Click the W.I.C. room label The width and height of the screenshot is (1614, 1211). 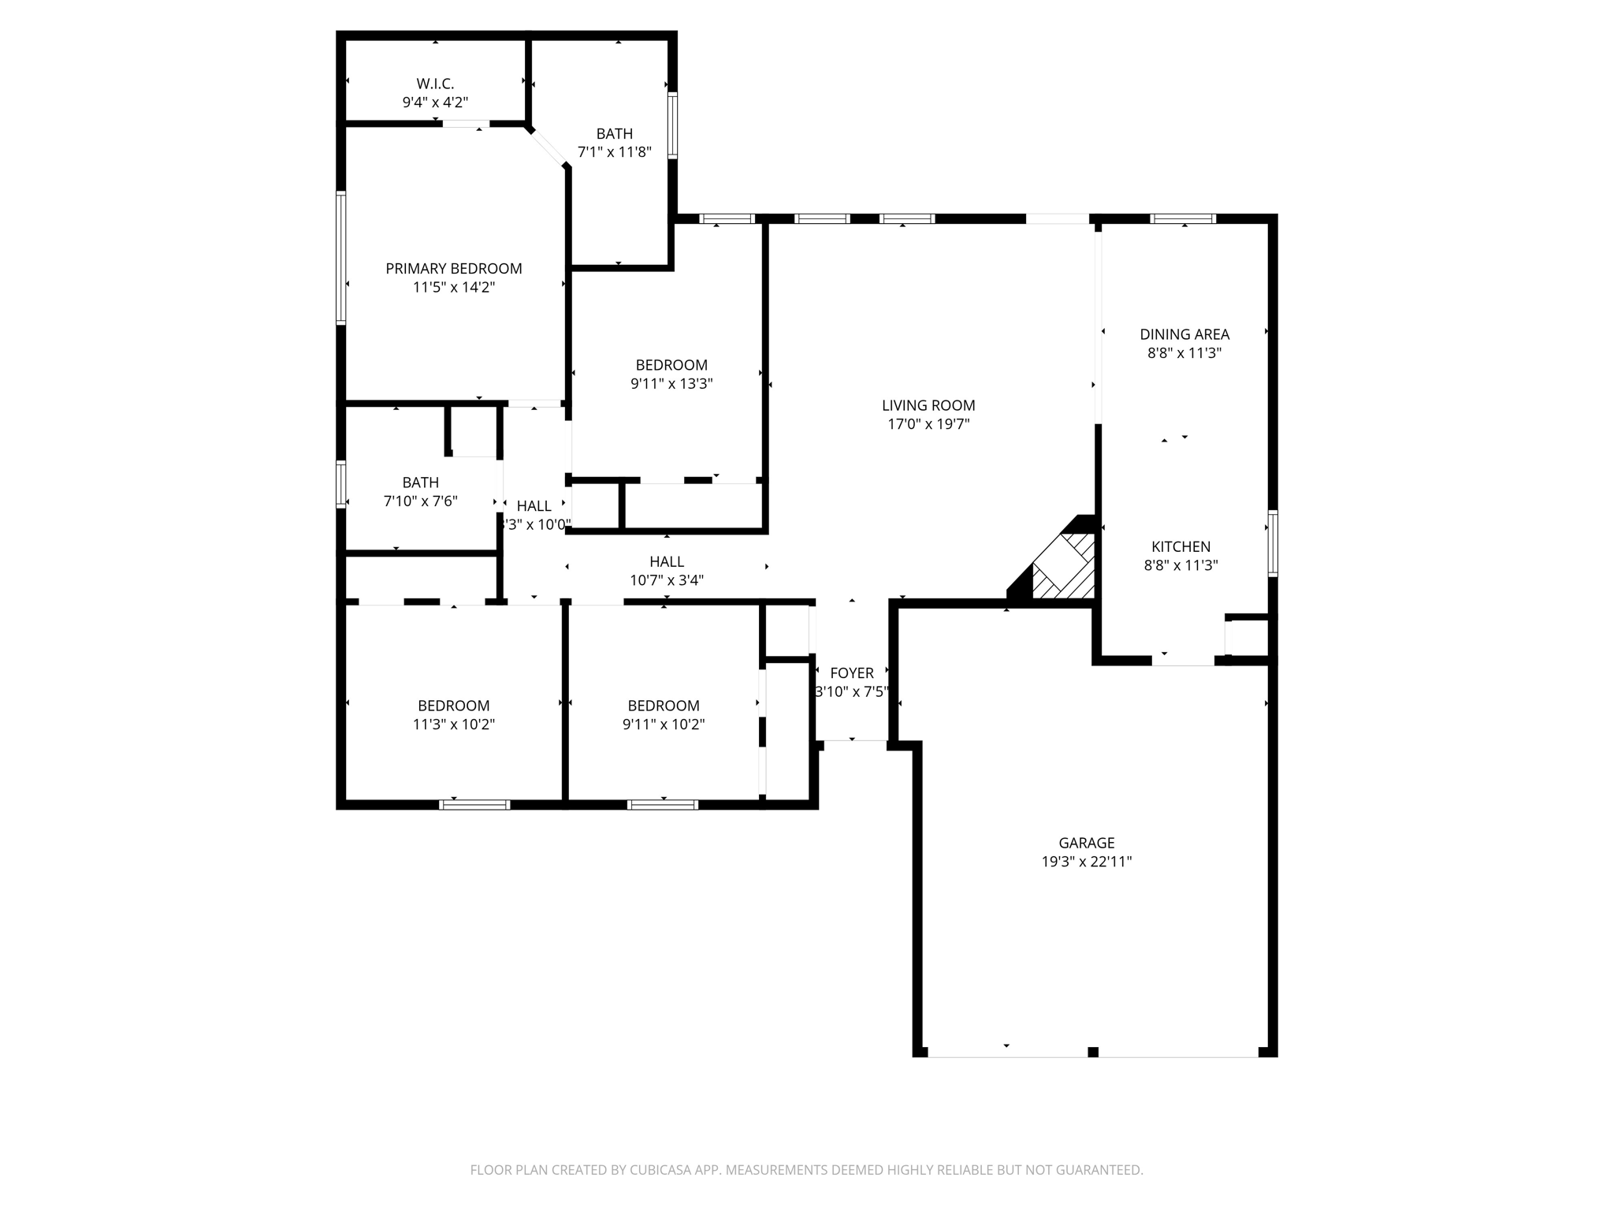tap(435, 84)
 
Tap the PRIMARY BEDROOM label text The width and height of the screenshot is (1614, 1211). tap(453, 269)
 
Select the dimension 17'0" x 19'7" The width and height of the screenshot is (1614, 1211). tap(928, 424)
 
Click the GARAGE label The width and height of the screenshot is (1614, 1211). tap(1086, 843)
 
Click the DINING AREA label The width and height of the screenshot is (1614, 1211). tap(1184, 334)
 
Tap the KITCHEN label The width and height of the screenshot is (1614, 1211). tap(1181, 546)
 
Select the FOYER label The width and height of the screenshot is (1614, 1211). tap(851, 673)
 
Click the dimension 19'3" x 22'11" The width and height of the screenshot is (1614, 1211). tap(1086, 862)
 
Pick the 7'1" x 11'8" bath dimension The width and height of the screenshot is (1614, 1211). tap(614, 152)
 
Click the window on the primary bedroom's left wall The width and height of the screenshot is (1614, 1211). tap(341, 258)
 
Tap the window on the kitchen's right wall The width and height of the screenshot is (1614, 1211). tap(1272, 543)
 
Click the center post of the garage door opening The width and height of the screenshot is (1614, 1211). tap(1092, 1052)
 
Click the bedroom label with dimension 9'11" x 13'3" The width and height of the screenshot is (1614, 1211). tap(671, 365)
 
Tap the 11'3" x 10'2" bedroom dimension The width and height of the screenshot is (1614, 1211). tap(453, 725)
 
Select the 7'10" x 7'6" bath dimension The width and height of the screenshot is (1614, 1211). tap(420, 501)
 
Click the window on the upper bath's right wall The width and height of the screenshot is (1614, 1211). tap(672, 125)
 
